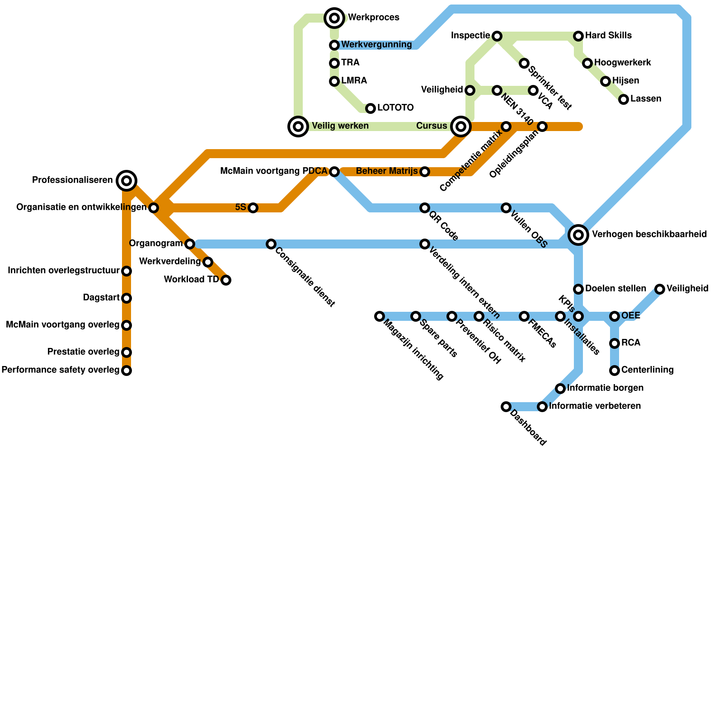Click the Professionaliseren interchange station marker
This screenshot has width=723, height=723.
(127, 181)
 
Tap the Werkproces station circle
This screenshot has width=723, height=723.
(334, 18)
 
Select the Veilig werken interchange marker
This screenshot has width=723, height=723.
(298, 127)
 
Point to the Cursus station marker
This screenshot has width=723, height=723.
(460, 127)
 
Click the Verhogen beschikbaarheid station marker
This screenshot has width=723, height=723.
(578, 235)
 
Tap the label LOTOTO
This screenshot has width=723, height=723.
(395, 108)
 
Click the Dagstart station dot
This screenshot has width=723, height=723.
(127, 298)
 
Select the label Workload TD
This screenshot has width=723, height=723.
(191, 280)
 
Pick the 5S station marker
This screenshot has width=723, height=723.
(253, 208)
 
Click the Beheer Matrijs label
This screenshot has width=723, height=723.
(386, 171)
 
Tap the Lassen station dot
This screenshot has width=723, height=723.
(624, 99)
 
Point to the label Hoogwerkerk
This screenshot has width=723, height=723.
(623, 63)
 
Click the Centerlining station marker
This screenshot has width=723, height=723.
(615, 371)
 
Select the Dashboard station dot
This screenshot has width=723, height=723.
(506, 407)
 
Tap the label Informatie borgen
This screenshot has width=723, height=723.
(605, 388)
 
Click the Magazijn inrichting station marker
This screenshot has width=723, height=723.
(380, 316)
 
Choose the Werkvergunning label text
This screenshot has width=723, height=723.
(376, 45)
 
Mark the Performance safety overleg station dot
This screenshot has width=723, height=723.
(127, 371)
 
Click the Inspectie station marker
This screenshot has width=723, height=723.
(497, 36)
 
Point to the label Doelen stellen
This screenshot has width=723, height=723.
(615, 289)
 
